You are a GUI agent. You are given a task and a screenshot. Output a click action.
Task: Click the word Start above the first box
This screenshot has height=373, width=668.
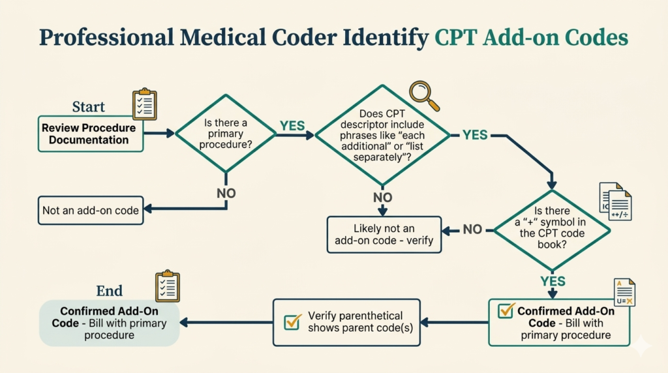coord(89,107)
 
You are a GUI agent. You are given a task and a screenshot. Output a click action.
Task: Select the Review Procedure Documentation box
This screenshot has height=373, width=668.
coord(90,134)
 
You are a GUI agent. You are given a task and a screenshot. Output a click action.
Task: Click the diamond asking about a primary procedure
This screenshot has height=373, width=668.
coord(226,133)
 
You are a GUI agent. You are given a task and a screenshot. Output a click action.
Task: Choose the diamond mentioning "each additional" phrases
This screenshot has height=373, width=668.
coord(382,135)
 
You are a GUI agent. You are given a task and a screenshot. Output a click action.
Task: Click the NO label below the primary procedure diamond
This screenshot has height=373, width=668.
coord(226,193)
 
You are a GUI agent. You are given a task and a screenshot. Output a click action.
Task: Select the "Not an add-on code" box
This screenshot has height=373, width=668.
coord(90,211)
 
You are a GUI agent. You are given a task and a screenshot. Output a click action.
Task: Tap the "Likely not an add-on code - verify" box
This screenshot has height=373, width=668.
coord(384,235)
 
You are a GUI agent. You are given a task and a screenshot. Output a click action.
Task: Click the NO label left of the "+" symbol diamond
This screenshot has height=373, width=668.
coord(472,230)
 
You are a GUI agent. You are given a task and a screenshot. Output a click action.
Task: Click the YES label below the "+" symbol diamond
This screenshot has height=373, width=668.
coord(553,281)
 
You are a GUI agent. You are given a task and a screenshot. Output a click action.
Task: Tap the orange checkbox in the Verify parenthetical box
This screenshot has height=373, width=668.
coord(293,321)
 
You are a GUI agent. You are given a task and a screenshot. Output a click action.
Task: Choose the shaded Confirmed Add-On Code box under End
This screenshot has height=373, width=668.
coord(109,323)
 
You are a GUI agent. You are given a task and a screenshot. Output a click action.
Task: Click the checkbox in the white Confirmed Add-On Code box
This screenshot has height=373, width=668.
coord(506,311)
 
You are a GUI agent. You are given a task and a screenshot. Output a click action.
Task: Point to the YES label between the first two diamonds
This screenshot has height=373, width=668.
coord(292,126)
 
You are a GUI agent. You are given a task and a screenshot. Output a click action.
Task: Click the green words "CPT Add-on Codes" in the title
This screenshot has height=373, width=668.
coord(531,38)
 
